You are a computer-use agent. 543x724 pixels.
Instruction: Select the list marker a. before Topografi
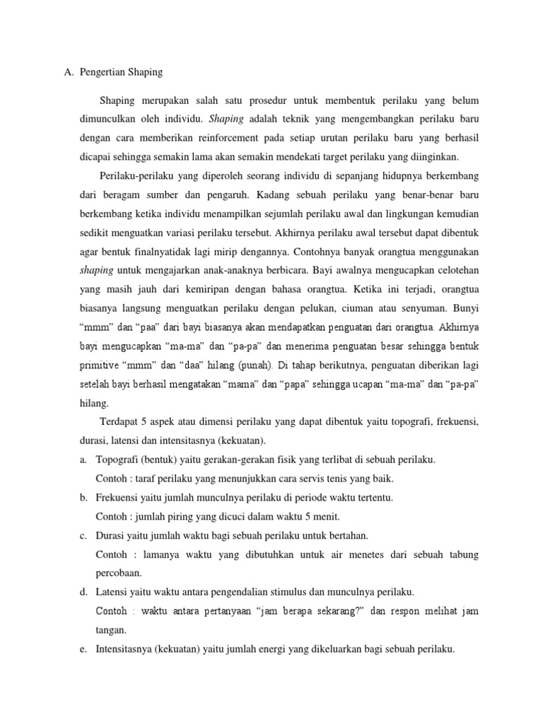click(83, 460)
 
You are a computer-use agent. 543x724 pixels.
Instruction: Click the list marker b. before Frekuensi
click(83, 497)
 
